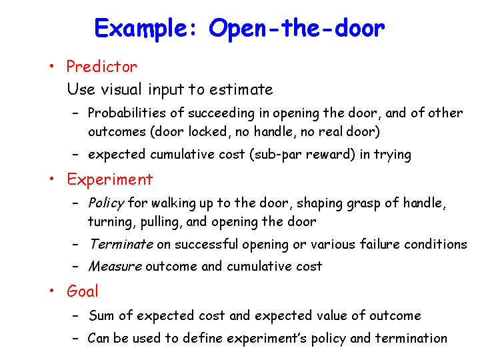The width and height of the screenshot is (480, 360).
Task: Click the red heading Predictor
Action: click(101, 67)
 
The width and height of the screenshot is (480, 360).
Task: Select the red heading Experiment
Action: click(109, 179)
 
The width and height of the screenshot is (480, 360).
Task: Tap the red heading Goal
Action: click(83, 291)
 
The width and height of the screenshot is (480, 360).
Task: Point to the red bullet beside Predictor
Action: click(52, 66)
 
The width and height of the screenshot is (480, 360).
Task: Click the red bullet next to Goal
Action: click(52, 290)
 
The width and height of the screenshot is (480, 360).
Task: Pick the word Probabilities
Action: click(127, 113)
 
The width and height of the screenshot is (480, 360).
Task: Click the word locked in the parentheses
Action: click(207, 131)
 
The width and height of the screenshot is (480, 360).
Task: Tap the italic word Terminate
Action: click(121, 244)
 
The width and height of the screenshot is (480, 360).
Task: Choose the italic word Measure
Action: click(115, 266)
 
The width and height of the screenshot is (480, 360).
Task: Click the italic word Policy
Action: click(106, 203)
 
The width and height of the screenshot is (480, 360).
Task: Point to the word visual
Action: click(121, 89)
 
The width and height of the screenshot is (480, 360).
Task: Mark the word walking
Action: click(173, 203)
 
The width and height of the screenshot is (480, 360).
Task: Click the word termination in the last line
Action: click(411, 338)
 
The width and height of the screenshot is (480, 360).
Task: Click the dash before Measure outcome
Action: click(75, 267)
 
